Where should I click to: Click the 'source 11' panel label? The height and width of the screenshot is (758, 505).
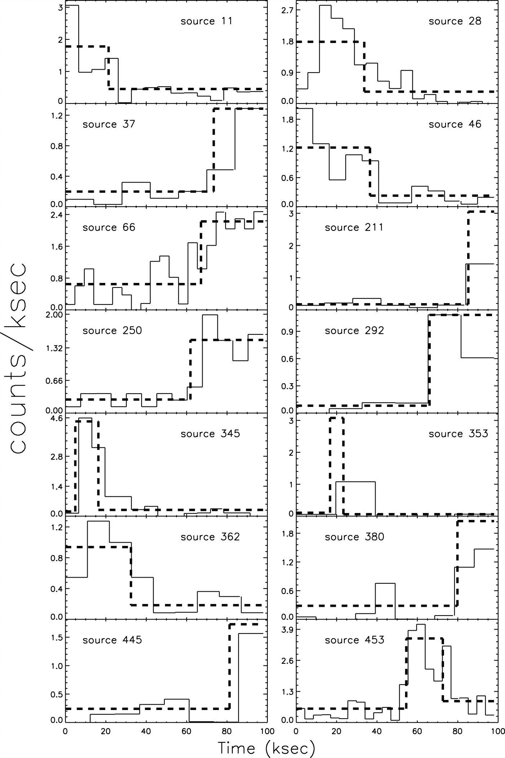[x=207, y=21]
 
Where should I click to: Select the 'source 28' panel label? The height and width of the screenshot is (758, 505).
[x=455, y=21]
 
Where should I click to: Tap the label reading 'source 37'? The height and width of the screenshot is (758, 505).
[x=108, y=124]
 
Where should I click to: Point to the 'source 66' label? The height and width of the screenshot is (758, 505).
[x=108, y=227]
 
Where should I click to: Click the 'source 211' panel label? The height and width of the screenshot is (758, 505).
[x=354, y=227]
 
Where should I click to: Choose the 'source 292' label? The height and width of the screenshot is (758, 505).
[x=354, y=330]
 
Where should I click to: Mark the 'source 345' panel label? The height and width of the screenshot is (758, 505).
[x=210, y=433]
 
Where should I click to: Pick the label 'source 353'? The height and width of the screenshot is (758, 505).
[x=458, y=433]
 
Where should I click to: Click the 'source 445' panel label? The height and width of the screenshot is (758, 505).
[x=112, y=640]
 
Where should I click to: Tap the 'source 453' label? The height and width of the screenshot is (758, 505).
[x=354, y=640]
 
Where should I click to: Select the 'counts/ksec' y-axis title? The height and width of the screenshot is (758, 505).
[x=18, y=357]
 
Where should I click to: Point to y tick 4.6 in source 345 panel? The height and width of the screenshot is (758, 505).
[x=57, y=419]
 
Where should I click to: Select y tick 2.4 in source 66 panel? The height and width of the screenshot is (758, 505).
[x=57, y=215]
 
